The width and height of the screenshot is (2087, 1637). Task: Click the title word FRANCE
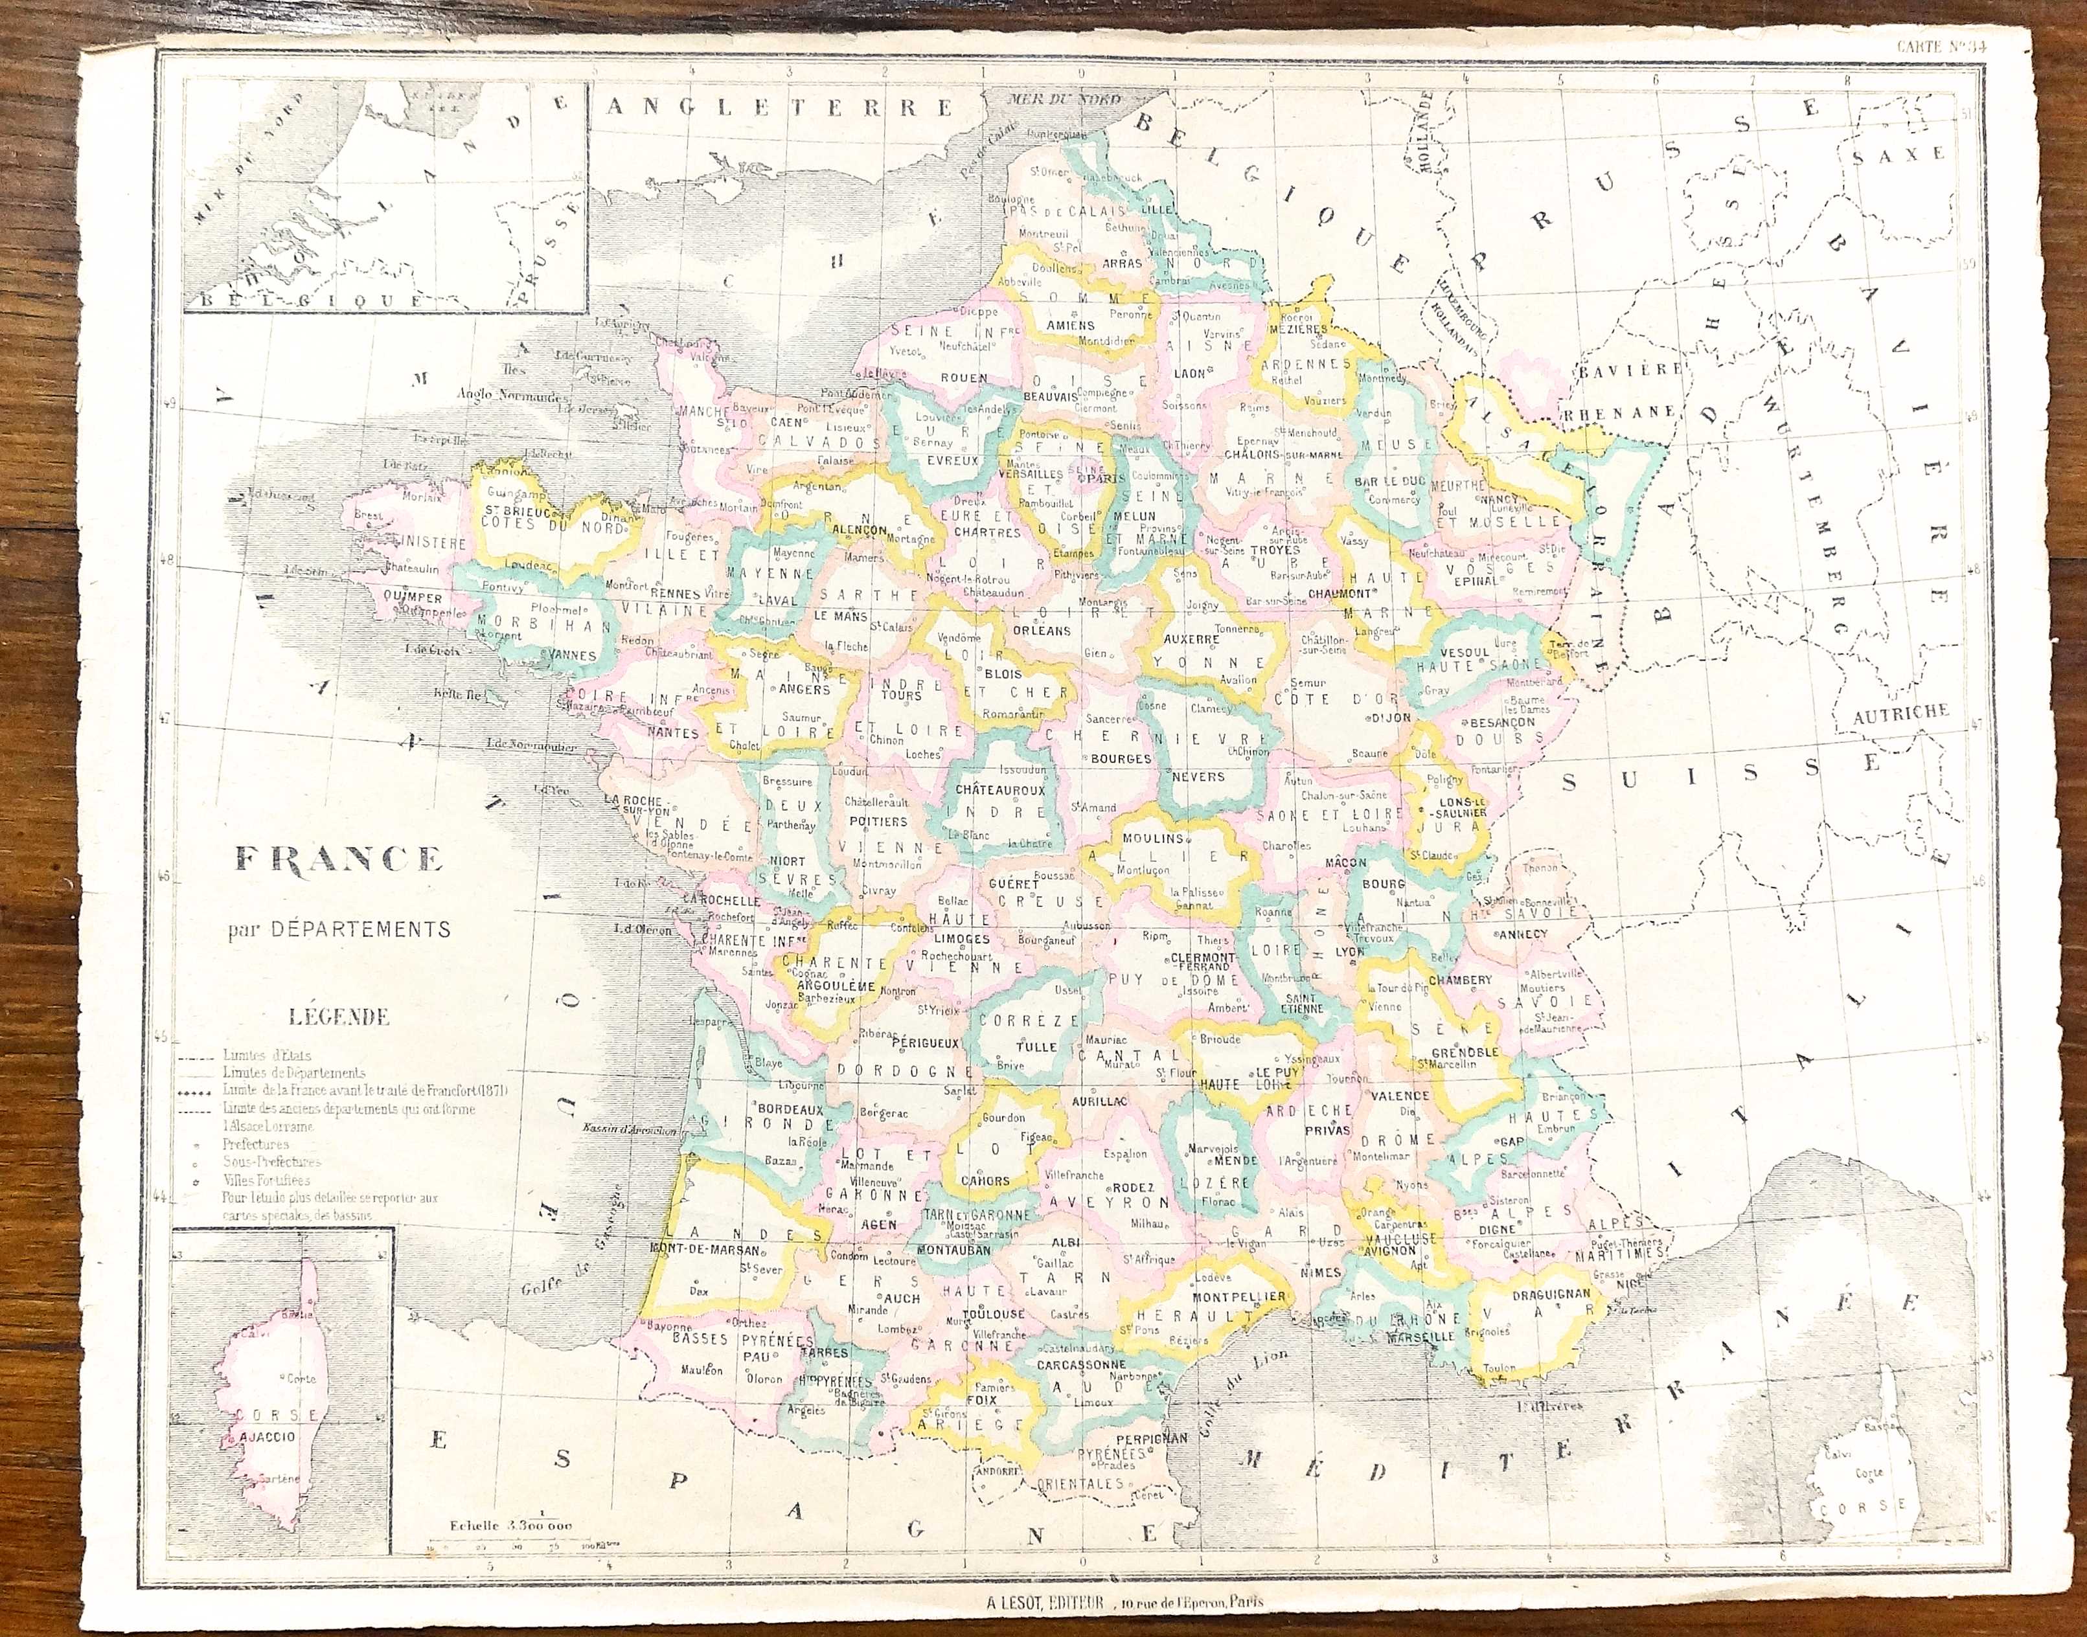tap(338, 859)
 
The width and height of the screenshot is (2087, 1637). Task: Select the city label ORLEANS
tap(1040, 631)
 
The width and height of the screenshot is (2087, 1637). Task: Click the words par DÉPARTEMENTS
tap(338, 928)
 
